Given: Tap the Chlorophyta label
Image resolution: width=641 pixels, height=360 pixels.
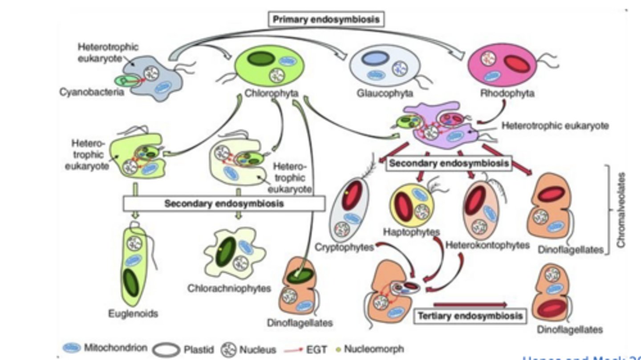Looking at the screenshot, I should [271, 94].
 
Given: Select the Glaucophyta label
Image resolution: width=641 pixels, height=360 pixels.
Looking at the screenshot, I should [385, 93].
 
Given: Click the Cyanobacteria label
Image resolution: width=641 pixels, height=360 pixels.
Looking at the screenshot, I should [92, 94].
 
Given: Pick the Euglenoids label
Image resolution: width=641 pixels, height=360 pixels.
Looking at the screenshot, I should [133, 314].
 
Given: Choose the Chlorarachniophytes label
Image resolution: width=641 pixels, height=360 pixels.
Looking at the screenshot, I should [229, 288].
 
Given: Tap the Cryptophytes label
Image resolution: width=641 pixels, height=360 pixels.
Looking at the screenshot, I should [344, 247].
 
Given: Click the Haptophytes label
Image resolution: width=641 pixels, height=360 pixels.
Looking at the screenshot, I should [411, 232].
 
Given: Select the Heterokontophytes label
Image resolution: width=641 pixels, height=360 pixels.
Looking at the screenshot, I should [487, 245].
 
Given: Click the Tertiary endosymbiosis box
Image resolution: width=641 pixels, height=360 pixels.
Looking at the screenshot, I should [470, 316].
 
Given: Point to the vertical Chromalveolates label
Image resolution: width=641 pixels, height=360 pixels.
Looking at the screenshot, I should [621, 210].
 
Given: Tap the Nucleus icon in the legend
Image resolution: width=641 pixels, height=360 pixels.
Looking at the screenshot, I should [230, 349].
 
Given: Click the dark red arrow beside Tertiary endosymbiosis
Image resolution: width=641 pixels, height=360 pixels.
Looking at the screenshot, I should [470, 304].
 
